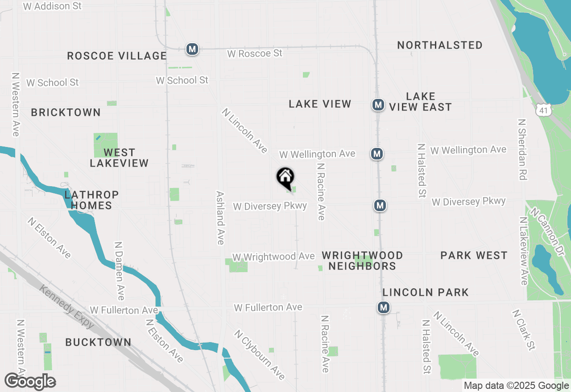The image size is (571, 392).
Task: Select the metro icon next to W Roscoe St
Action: tap(192, 49)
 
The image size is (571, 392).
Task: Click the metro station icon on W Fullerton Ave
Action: tap(383, 307)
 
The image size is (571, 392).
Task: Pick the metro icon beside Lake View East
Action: tap(378, 105)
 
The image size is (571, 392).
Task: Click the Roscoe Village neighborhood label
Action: tap(117, 56)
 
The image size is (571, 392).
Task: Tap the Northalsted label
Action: tap(440, 45)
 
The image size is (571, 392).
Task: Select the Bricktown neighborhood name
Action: tap(66, 113)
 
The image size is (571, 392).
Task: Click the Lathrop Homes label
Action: tap(91, 200)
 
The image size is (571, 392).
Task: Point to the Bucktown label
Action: tap(98, 343)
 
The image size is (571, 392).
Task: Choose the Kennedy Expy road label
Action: tap(67, 307)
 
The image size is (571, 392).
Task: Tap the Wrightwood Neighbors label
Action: tap(362, 261)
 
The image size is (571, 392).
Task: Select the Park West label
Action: tap(474, 256)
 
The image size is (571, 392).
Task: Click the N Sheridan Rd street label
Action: tap(523, 149)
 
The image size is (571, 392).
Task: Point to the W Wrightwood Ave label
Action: tap(273, 257)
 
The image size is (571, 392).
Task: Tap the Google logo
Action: tap(30, 382)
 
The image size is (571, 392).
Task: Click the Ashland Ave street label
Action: tap(220, 218)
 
